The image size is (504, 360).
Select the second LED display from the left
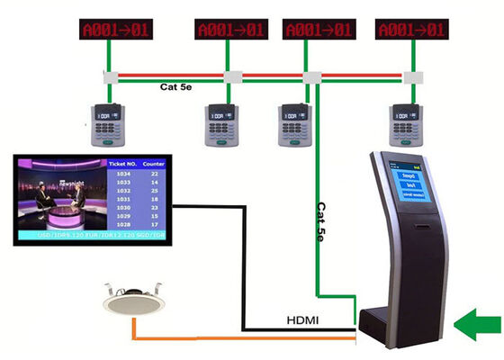point(231,31)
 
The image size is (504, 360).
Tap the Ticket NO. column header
point(121,165)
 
